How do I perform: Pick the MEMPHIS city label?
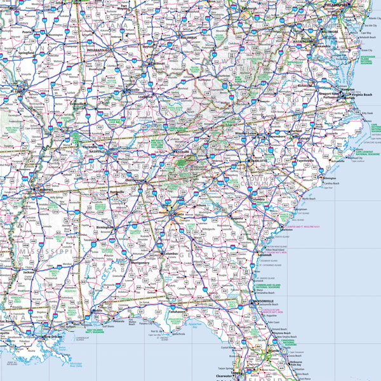[x=46, y=189]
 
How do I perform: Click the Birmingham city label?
[x=105, y=226]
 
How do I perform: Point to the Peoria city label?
[x=26, y=30]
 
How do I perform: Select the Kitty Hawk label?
[x=367, y=114]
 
